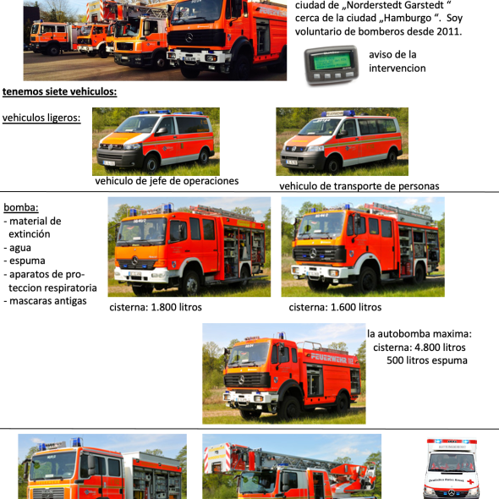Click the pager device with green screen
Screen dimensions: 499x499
[332, 65]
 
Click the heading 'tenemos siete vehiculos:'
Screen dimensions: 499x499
[59, 91]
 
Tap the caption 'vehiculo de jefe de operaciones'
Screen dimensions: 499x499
[167, 181]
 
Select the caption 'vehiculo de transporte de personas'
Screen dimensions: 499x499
[359, 186]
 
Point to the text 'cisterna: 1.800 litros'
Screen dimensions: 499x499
[156, 307]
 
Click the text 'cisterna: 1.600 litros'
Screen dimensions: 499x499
[335, 307]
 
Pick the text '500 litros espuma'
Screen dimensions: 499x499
[427, 360]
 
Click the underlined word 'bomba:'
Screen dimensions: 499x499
[21, 207]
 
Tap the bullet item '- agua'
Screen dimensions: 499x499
[18, 248]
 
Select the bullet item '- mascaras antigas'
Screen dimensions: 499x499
[45, 301]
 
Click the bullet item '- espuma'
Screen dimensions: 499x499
[25, 261]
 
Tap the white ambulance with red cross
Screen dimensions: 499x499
[452, 469]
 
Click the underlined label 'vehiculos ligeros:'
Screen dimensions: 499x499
[41, 118]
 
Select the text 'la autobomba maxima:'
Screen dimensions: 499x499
[419, 334]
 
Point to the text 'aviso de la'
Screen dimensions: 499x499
[392, 55]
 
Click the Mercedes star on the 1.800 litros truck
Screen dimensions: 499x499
[135, 260]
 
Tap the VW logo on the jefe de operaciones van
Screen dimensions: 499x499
[110, 147]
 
